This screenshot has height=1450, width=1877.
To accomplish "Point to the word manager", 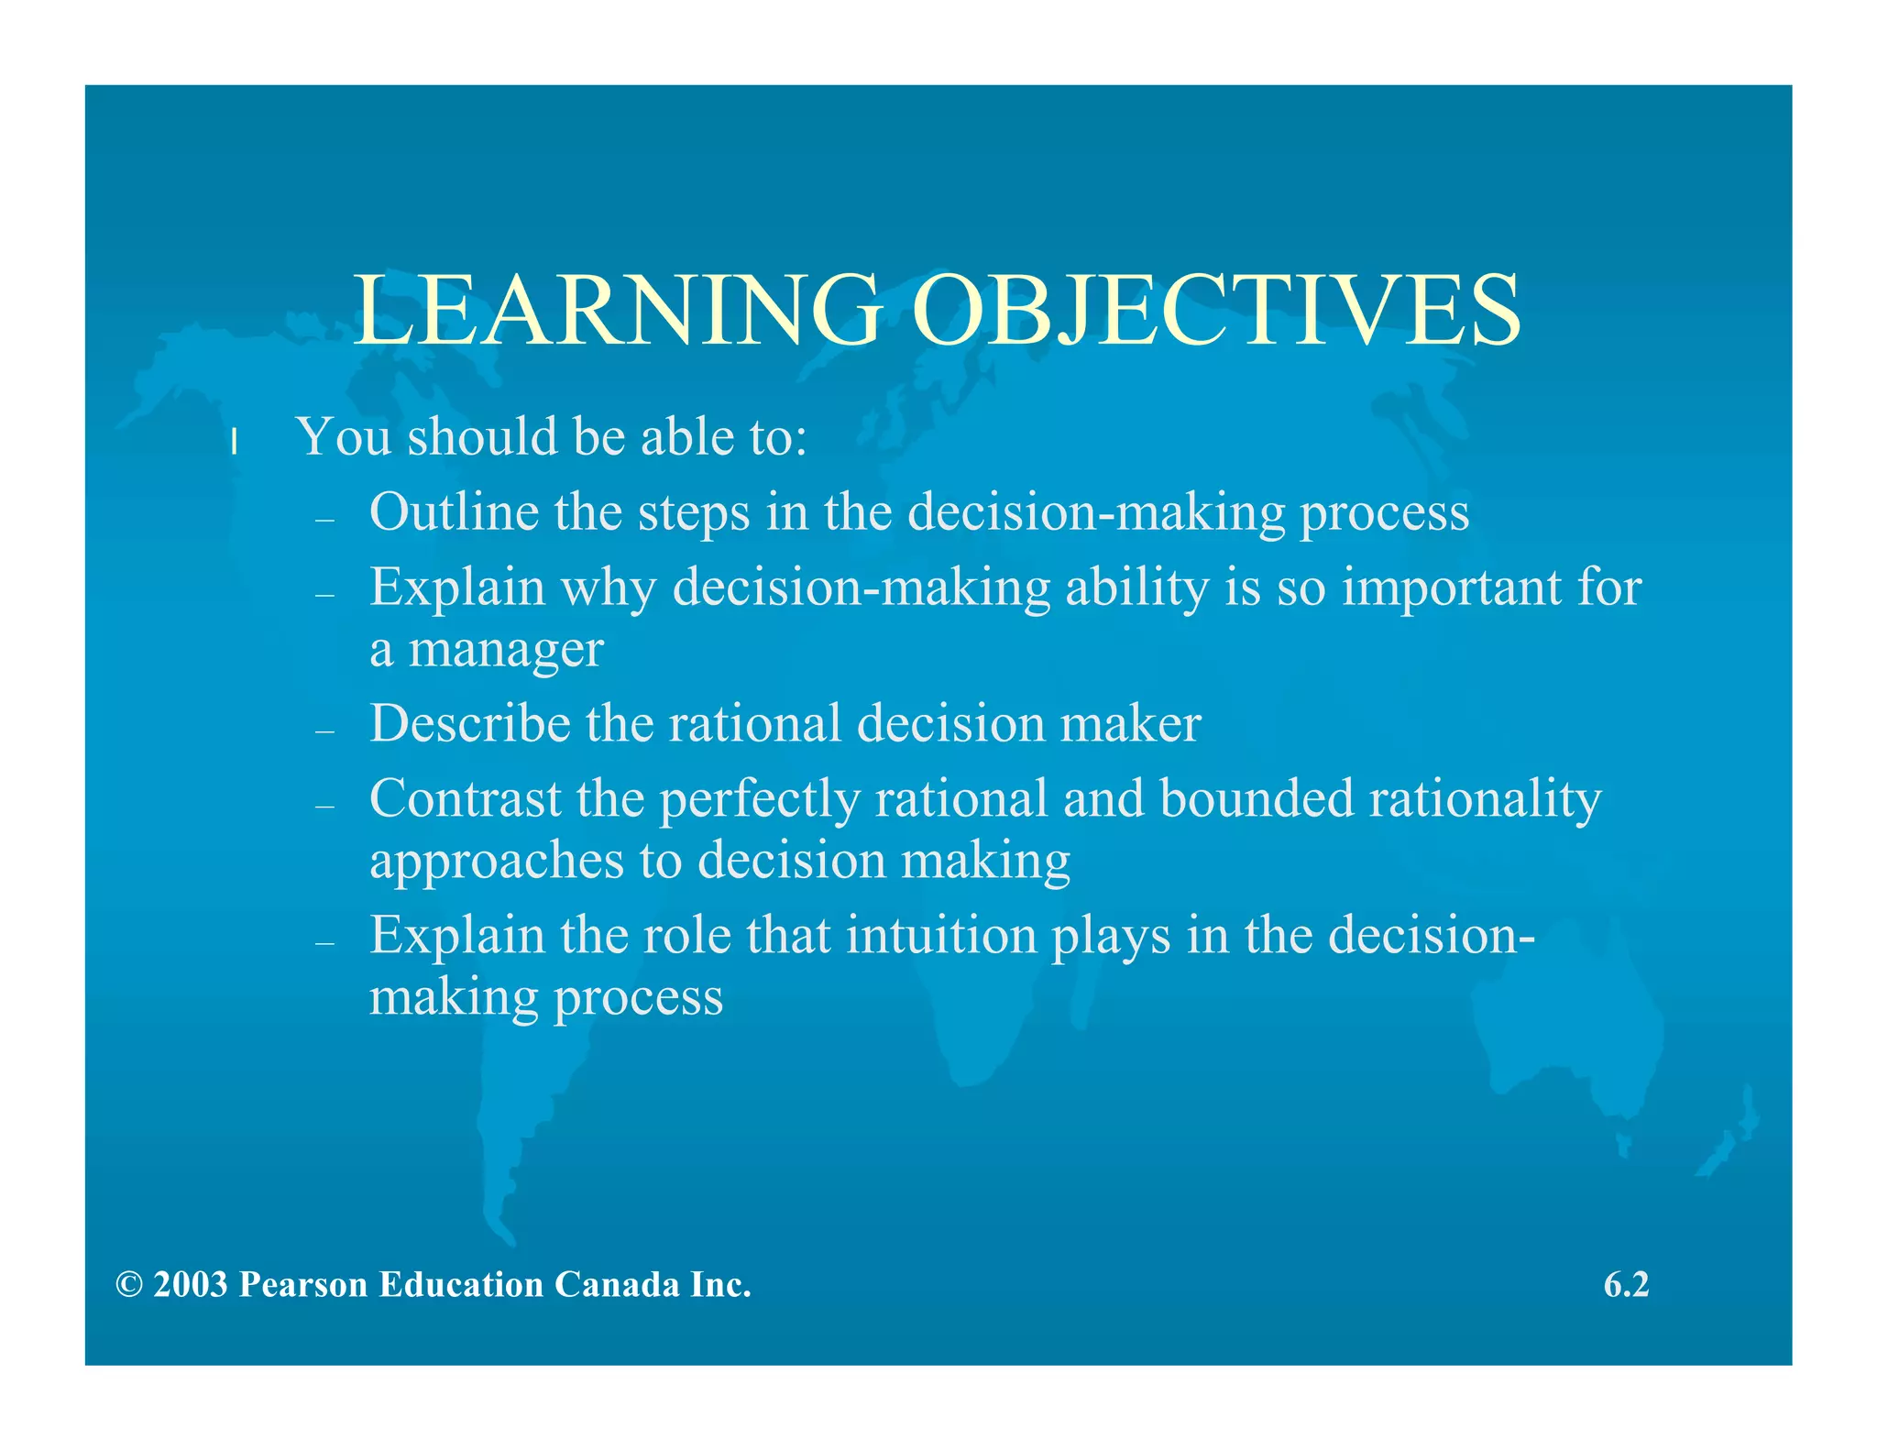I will coord(505,651).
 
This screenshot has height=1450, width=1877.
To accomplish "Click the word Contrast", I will coord(465,798).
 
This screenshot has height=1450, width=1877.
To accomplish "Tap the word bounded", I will coord(1257,798).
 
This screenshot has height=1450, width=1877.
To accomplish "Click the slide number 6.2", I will coord(1626,1285).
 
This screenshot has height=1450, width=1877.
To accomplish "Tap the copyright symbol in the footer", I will coord(129,1285).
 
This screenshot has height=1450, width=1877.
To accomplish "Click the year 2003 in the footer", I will coord(191,1285).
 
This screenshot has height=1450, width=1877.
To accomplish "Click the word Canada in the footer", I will coord(617,1285).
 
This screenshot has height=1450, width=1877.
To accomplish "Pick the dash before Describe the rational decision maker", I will coord(324,731).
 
